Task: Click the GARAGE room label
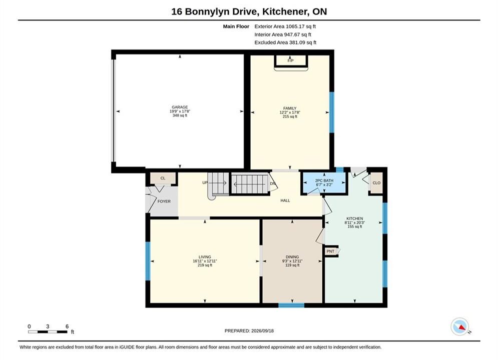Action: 180,107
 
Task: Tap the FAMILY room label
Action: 290,108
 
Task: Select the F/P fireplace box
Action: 291,60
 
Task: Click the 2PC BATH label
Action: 324,180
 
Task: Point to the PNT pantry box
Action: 331,251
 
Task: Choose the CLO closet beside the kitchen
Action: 376,183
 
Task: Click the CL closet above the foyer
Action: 163,178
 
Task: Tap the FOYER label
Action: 164,201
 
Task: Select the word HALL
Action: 285,200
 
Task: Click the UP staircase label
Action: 205,182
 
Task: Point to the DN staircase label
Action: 272,183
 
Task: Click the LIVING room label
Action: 205,257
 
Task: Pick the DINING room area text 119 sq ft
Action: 292,265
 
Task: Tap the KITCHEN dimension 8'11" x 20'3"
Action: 355,222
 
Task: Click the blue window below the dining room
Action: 291,305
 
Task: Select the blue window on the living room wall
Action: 148,261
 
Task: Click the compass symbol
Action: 460,326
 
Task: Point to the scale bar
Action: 48,332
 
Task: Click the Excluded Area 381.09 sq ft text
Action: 285,42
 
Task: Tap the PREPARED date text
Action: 249,331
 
